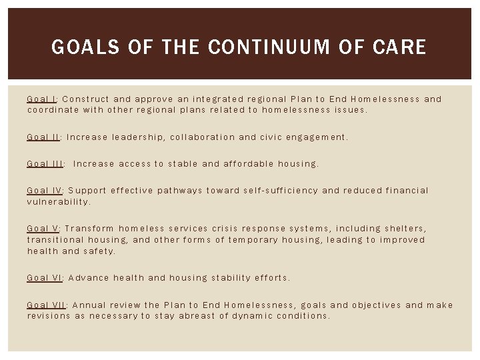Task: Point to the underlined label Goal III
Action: [45, 163]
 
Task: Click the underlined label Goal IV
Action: [44, 190]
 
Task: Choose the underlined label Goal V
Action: [43, 228]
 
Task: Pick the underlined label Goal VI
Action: [44, 277]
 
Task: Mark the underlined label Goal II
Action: [43, 137]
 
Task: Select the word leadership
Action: [138, 137]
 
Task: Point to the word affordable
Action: [251, 163]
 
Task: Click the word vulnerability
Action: [57, 201]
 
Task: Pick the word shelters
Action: [403, 228]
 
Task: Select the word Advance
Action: [88, 277]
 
